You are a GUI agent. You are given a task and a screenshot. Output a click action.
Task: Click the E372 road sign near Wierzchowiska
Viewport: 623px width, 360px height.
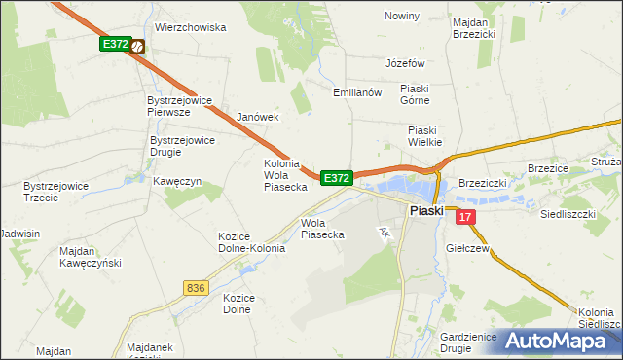coord(114,45)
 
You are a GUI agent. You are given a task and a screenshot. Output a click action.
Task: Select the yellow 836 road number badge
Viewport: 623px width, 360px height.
coord(196,287)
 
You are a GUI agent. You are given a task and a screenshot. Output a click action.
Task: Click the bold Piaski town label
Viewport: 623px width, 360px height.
coord(426,210)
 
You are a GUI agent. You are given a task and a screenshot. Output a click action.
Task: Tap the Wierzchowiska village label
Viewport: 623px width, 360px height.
coord(190,28)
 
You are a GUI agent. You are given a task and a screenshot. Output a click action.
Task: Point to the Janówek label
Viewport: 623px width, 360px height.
coord(258,117)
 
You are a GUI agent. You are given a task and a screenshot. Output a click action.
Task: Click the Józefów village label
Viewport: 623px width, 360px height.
coord(407,63)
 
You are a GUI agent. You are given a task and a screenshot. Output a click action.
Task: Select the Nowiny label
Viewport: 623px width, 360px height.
coord(401,17)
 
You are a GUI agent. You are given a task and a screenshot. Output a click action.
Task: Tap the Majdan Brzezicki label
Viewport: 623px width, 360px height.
coord(474,26)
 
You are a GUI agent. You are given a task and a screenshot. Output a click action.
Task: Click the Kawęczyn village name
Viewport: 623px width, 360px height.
coord(176,181)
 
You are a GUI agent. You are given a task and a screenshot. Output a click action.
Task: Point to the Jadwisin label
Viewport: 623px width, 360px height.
coord(20,234)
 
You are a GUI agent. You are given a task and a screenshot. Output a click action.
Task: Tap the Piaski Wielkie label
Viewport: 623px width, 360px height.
coord(425,136)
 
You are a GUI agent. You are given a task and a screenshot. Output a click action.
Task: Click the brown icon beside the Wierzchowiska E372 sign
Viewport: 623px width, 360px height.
coord(138,45)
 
